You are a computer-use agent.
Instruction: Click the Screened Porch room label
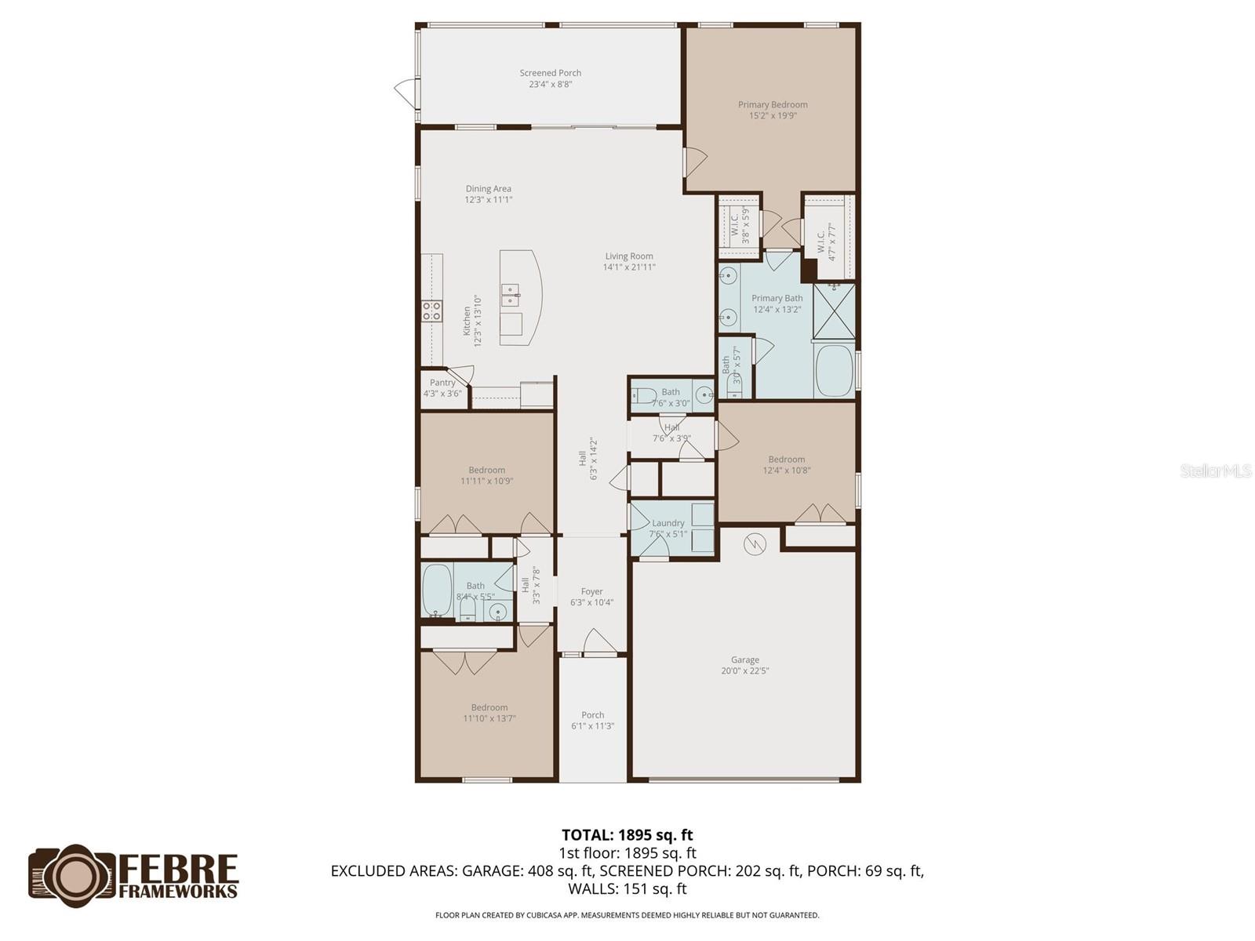click(550, 73)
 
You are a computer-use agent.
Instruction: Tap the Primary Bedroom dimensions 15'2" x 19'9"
click(773, 115)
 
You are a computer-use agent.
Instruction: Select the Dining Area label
click(489, 188)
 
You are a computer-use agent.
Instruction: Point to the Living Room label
click(629, 256)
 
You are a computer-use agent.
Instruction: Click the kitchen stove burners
click(431, 311)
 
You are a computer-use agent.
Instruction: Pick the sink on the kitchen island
click(510, 296)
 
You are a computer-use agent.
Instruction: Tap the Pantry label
click(442, 383)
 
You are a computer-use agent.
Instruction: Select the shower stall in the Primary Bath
click(835, 311)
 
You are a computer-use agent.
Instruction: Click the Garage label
click(745, 660)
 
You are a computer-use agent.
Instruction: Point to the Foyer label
click(591, 591)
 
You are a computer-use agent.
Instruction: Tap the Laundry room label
click(668, 523)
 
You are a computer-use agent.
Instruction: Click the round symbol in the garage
click(754, 544)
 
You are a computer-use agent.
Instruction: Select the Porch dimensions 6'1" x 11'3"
click(592, 726)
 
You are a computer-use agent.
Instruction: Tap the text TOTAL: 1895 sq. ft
click(627, 835)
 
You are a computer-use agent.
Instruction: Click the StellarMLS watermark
click(1216, 470)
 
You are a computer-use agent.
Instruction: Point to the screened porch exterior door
click(406, 93)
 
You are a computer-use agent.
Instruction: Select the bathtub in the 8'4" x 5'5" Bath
click(437, 590)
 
